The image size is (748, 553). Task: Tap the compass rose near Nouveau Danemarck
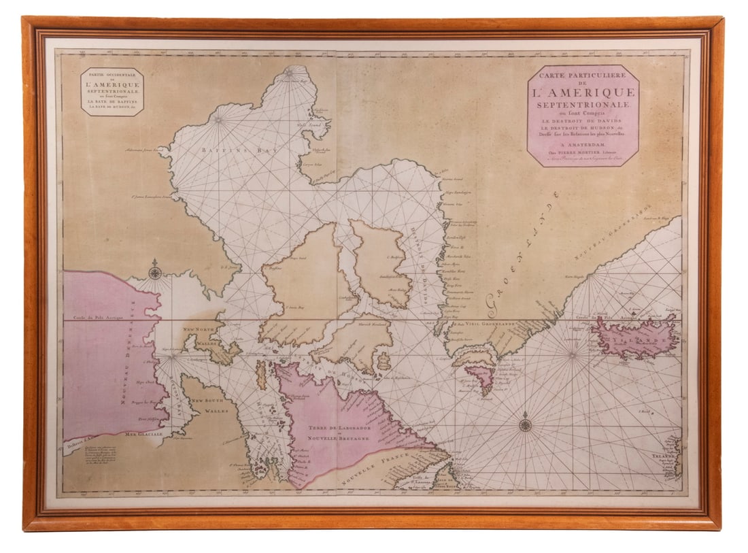point(155,273)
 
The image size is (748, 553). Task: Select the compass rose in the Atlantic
point(525,425)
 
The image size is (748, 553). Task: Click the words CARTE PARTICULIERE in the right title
point(583,78)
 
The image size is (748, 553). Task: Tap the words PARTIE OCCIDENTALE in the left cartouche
point(112,75)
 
